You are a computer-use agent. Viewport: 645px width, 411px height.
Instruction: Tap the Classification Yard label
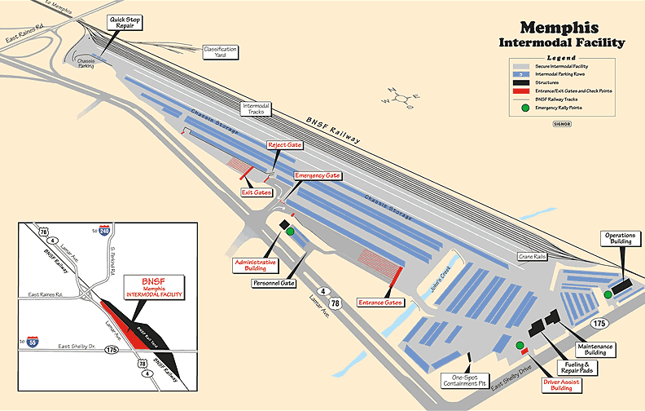tap(220, 51)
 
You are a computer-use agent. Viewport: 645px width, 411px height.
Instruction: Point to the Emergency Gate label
tap(318, 175)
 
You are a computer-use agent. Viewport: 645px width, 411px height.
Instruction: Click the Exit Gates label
tap(257, 192)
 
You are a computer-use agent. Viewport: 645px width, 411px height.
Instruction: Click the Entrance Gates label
tap(381, 303)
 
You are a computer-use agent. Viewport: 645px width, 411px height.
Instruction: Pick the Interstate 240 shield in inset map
tap(104, 232)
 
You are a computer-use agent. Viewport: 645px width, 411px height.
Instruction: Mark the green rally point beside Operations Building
tap(608, 294)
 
